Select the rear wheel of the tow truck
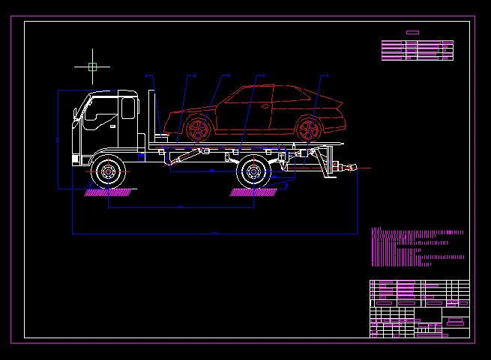(253, 173)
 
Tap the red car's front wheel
(199, 129)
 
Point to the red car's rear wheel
(307, 129)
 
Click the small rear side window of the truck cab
(128, 109)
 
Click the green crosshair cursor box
(92, 67)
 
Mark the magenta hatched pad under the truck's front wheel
(110, 192)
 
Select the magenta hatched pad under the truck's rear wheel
(255, 192)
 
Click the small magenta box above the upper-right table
(412, 32)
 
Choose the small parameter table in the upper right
(418, 50)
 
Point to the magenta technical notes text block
(416, 247)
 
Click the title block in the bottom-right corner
(420, 308)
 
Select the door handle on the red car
(265, 106)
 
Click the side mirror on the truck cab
(76, 114)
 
